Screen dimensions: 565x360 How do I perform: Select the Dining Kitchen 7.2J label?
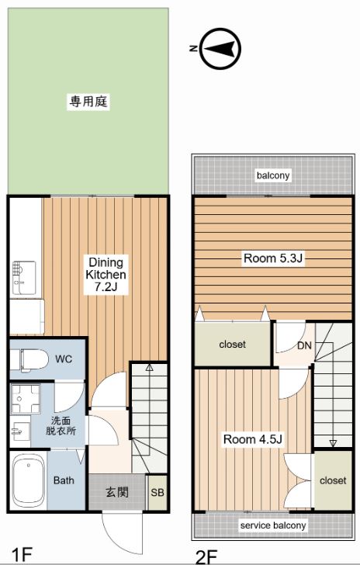106,275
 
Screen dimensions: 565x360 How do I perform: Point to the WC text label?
64,359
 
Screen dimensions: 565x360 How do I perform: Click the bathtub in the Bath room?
28,480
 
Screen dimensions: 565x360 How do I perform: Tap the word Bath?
64,480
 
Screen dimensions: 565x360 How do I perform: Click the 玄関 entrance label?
118,492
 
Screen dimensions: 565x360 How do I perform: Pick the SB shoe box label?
157,493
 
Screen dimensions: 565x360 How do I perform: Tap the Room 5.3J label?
272,258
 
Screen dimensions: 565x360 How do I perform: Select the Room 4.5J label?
252,439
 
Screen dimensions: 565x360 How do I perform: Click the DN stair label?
305,345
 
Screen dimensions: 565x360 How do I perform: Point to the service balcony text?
272,525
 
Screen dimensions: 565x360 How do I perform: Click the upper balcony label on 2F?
273,175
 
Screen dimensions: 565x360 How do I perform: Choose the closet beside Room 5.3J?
232,344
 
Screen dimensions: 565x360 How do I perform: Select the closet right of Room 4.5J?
332,480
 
